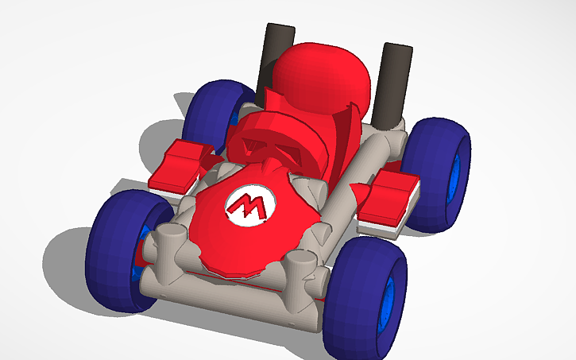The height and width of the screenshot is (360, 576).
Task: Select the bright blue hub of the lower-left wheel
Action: pos(145,246)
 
